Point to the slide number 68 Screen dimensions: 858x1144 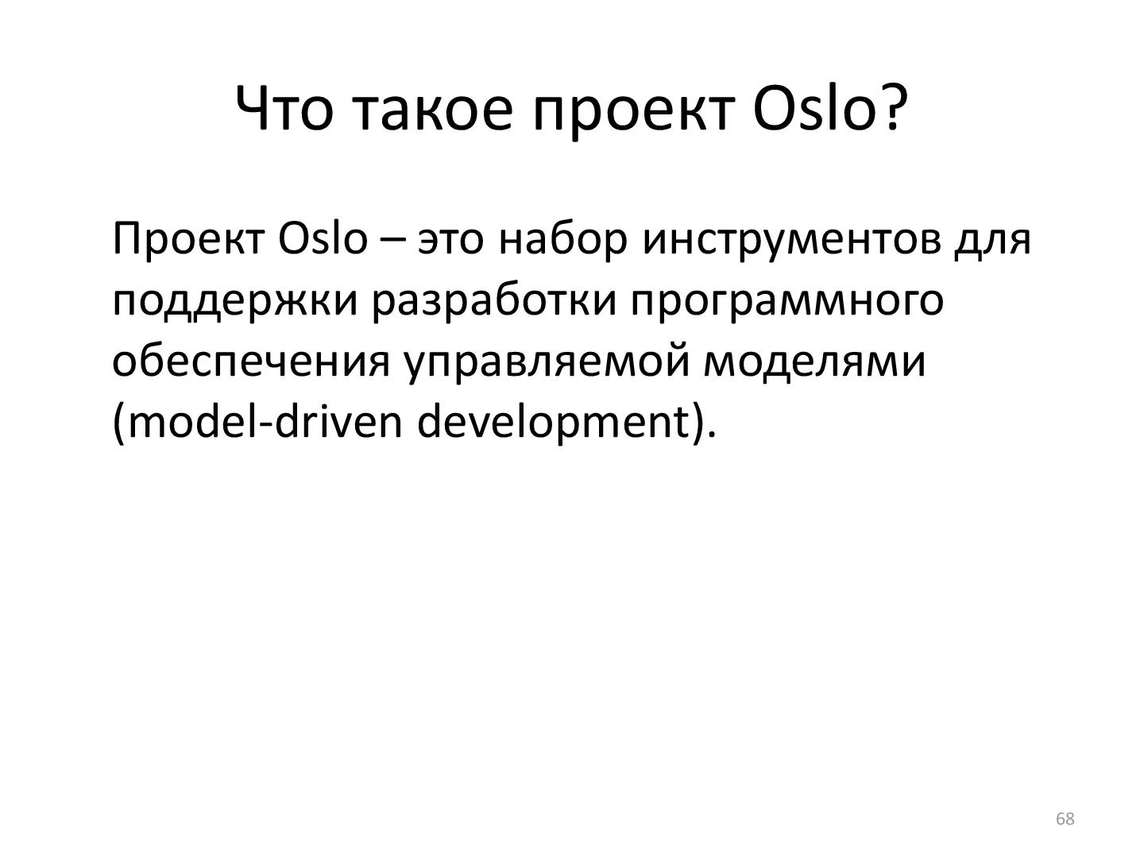1065,819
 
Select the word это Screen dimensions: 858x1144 450,240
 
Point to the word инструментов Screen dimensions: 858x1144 790,240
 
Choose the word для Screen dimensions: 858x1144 991,240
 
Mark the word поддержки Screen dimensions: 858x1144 234,301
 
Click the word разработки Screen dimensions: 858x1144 493,301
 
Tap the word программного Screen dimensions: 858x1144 786,301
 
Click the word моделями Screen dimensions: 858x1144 814,361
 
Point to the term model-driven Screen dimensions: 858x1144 257,422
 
